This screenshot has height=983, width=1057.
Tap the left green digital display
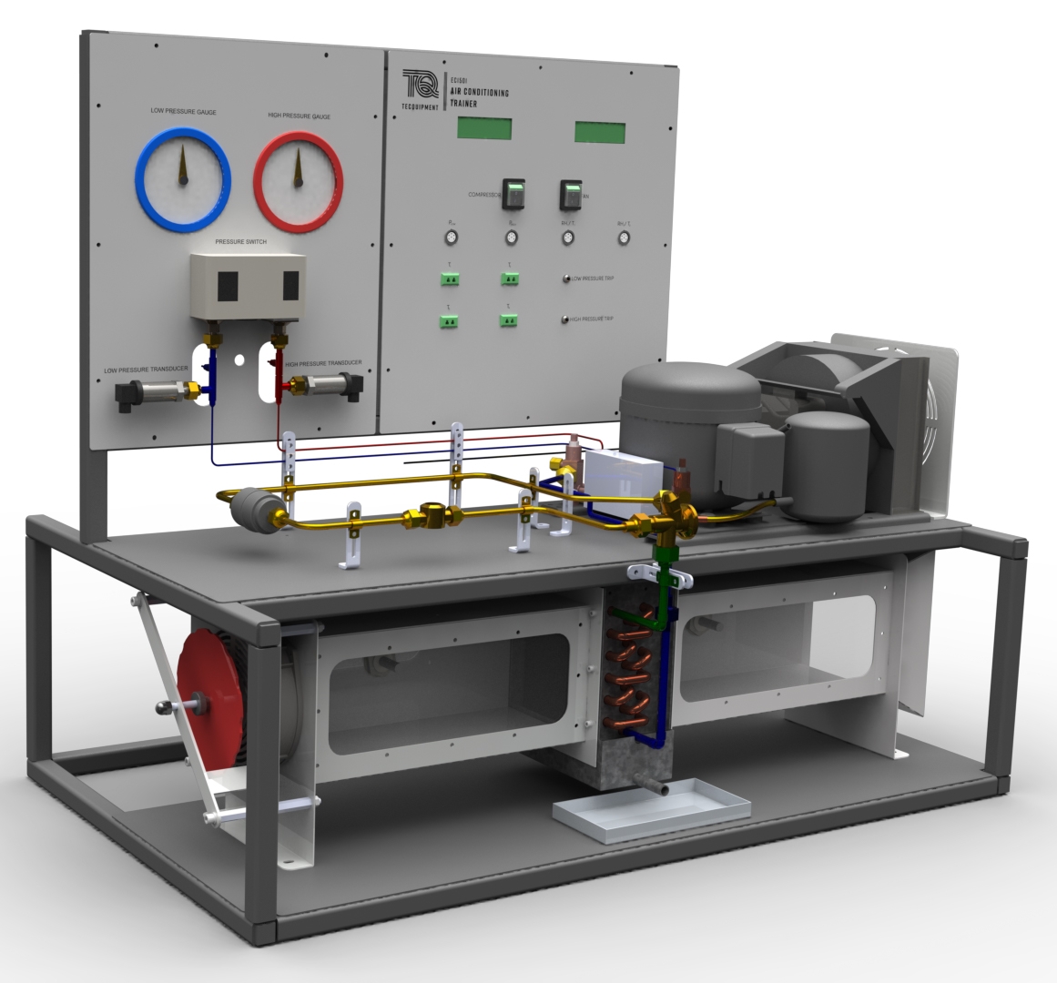[483, 128]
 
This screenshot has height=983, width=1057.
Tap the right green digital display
[600, 132]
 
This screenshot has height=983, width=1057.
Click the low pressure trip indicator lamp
[567, 278]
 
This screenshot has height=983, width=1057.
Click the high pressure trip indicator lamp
[565, 319]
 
